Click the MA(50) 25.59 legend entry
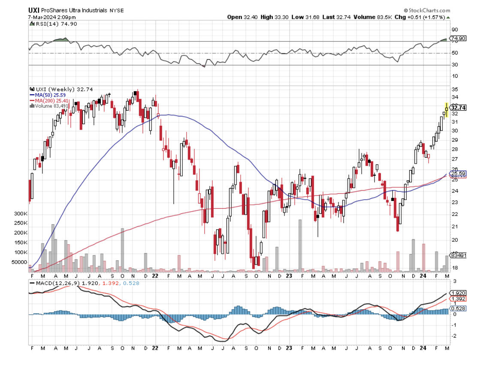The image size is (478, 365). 48,95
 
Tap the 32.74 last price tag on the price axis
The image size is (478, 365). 458,108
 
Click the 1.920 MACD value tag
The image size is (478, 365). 458,292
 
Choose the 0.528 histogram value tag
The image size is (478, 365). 458,308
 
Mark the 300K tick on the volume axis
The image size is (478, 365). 21,213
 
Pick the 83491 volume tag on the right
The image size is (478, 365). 458,255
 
